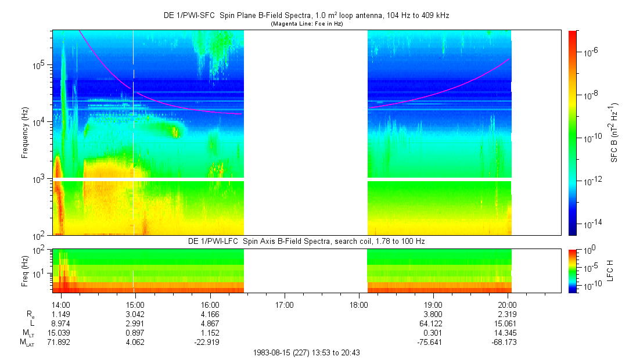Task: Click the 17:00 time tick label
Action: [x=284, y=303]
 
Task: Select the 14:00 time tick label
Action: [x=61, y=303]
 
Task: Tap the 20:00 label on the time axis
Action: [x=508, y=303]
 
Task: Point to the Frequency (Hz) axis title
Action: [x=25, y=132]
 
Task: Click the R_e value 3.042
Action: [x=135, y=313]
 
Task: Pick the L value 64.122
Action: [x=433, y=323]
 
